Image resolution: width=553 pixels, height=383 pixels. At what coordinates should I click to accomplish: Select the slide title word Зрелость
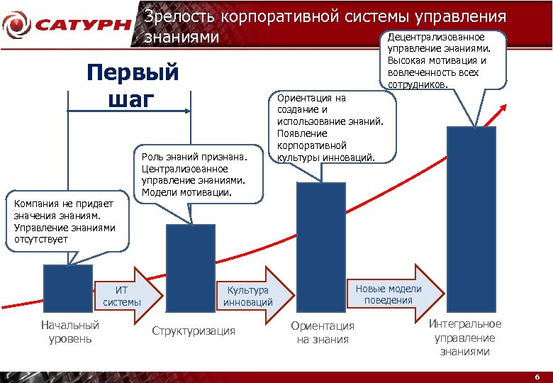coord(181,16)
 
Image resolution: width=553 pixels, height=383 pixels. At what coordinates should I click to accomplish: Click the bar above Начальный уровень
coord(68,288)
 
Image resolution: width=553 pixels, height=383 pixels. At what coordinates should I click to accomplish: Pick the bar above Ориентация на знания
coord(320,248)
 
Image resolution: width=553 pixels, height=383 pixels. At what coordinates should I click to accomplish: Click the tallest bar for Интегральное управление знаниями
coord(471,220)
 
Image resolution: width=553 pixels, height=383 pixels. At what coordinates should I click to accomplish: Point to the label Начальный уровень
coord(70,331)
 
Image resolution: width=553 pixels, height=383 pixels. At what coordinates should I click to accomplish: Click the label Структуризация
coord(194,331)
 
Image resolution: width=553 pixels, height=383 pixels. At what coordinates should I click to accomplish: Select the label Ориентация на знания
coord(323,332)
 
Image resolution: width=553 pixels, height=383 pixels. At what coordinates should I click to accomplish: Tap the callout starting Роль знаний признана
coord(196,174)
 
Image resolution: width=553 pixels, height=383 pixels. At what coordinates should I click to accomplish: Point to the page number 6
coord(537,377)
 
